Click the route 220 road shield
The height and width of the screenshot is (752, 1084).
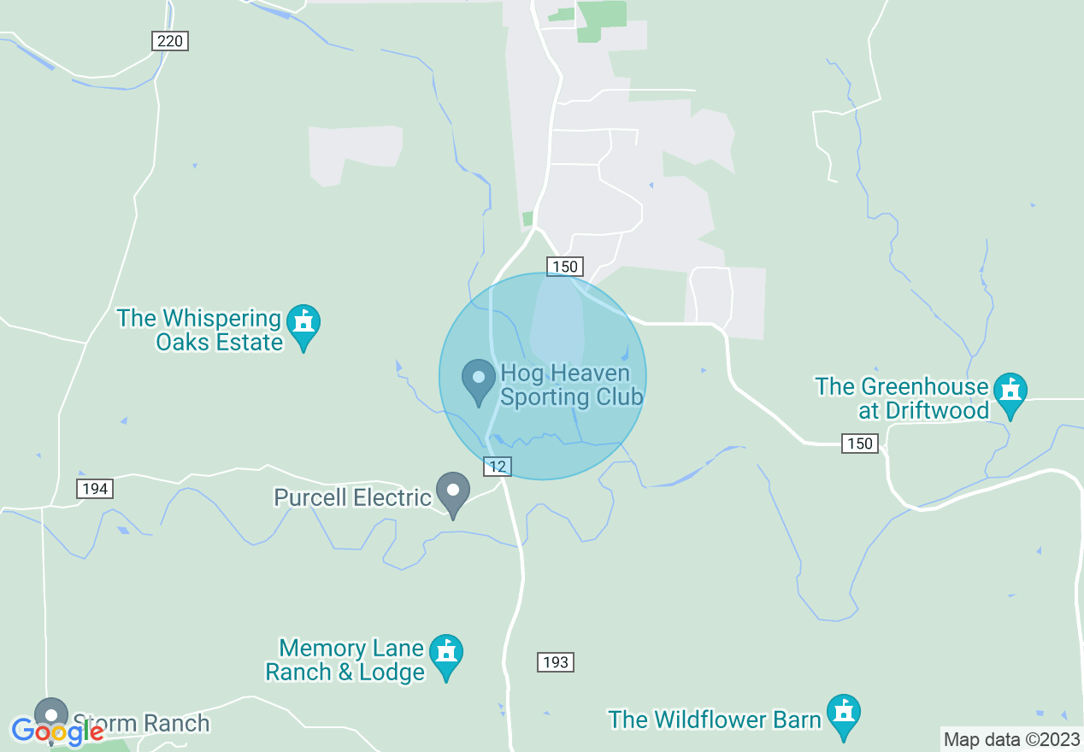(x=170, y=41)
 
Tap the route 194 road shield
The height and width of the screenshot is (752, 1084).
(x=95, y=489)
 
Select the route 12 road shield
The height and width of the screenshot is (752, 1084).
(x=497, y=466)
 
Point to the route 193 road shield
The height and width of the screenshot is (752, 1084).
(x=555, y=662)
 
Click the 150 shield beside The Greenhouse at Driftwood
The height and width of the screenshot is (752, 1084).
(x=859, y=443)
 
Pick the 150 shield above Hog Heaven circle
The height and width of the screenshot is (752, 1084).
(x=565, y=267)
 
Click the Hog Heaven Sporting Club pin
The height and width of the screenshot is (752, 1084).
(x=479, y=380)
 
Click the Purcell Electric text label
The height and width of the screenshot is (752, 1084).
(x=353, y=497)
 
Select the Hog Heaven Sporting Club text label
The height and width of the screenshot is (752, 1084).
(x=571, y=385)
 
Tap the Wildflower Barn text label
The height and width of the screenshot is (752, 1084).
(x=715, y=720)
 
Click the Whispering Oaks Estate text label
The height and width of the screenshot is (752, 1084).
(x=200, y=331)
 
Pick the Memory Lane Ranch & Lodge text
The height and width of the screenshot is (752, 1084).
(x=345, y=660)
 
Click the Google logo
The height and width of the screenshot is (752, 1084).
(x=57, y=731)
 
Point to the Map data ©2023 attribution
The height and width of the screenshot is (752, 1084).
(x=1011, y=740)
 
